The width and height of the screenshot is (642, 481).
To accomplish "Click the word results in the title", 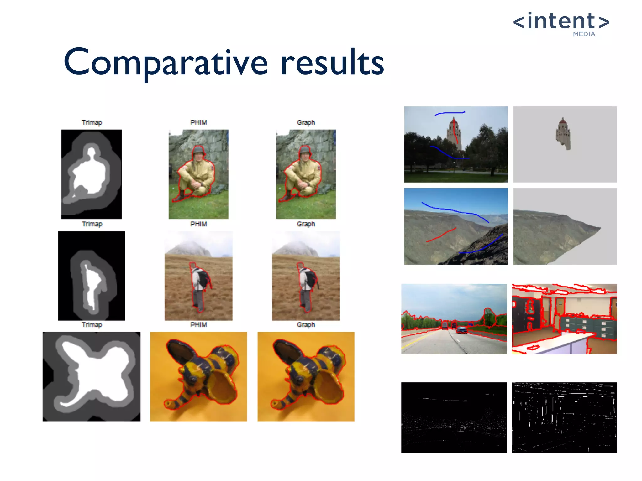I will [332, 63].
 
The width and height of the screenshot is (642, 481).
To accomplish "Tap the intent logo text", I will [561, 21].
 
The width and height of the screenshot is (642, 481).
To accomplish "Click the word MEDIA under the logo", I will [584, 34].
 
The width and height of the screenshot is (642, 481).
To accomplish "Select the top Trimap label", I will [92, 122].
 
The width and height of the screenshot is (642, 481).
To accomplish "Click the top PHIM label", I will [199, 122].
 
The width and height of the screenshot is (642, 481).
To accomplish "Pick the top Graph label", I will [306, 122].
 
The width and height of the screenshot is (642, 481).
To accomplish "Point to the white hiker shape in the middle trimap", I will [91, 285].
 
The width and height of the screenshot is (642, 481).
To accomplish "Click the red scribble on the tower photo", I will [455, 132].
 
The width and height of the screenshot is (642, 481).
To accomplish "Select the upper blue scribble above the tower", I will [450, 113].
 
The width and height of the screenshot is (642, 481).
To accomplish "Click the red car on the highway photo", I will [461, 330].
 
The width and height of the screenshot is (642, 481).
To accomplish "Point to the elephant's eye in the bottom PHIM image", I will [192, 379].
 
